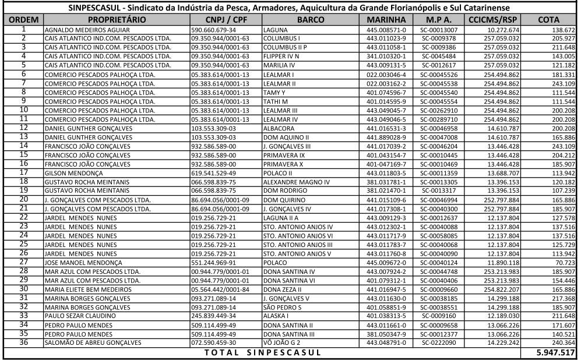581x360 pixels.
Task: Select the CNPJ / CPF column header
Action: pyautogui.click(x=226, y=20)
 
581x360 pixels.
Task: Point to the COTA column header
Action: pyautogui.click(x=548, y=20)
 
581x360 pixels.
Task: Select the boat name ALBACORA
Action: pyautogui.click(x=279, y=128)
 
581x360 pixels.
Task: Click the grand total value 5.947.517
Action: pyautogui.click(x=556, y=353)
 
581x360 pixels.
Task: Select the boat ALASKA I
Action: pyautogui.click(x=276, y=316)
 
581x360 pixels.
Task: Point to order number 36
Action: pyautogui.click(x=23, y=343)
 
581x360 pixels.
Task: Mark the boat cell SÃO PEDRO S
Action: pyautogui.click(x=282, y=307)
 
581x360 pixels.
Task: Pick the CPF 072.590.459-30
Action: pyautogui.click(x=213, y=343)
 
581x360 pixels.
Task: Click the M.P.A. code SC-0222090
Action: pyautogui.click(x=440, y=343)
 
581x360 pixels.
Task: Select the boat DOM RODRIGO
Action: pyautogui.click(x=285, y=190)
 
